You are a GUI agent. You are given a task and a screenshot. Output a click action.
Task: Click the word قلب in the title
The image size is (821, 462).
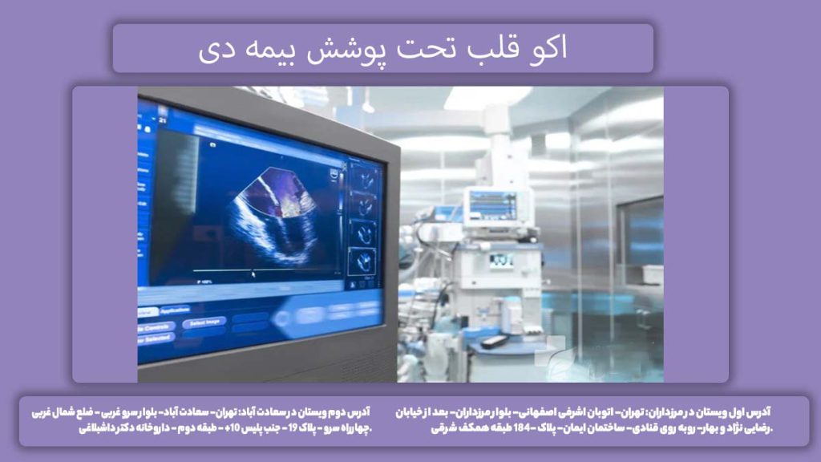508,49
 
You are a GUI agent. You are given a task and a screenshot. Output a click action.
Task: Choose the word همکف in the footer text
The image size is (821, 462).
464,428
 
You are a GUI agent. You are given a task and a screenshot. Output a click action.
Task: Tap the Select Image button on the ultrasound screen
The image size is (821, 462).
203,322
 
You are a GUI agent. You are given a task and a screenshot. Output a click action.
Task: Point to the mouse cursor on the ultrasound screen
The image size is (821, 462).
254,274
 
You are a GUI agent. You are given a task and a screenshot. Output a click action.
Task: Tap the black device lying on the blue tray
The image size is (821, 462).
494,341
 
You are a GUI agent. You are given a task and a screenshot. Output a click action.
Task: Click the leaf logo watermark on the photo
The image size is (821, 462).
555,352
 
